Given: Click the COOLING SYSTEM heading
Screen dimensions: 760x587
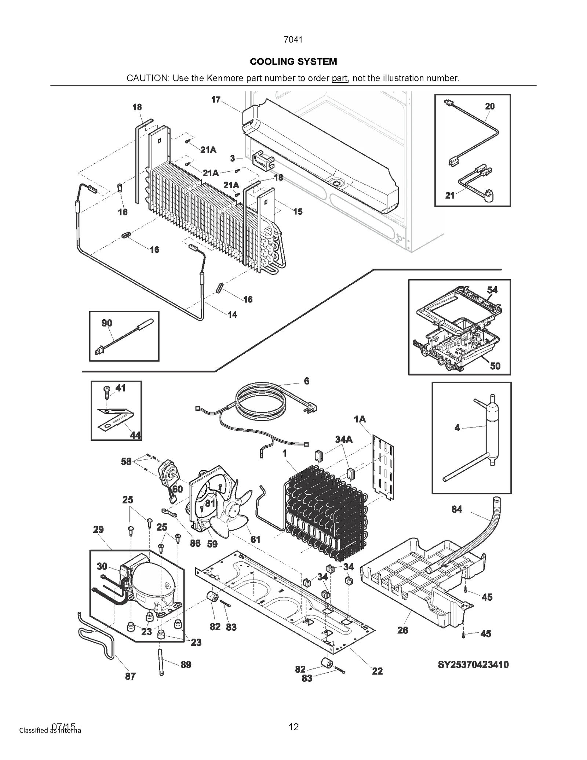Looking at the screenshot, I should point(293,62).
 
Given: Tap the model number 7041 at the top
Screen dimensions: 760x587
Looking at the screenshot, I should point(293,40).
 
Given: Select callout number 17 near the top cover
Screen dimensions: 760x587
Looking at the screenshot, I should point(216,100).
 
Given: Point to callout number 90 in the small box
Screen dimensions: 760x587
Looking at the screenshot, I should point(107,323).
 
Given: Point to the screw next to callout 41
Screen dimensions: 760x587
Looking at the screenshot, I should point(107,392).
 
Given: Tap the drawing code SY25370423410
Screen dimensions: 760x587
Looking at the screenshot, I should point(473,665).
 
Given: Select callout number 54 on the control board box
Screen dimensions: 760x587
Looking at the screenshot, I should point(492,290).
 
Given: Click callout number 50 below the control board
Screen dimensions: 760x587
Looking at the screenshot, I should point(495,366).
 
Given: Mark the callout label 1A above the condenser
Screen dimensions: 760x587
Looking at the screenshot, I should point(360,419).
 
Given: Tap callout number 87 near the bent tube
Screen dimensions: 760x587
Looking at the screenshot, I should point(130,676).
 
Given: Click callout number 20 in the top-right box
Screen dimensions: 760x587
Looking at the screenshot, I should point(490,106).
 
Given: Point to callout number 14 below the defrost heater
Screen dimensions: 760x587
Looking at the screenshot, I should point(232,314).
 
